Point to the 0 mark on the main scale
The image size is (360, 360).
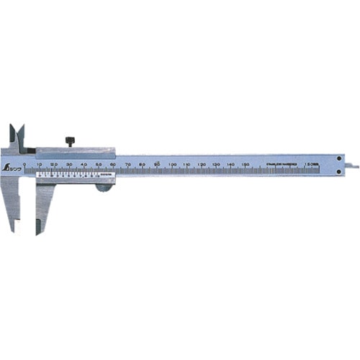click(24, 165)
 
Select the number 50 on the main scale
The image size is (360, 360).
click(99, 165)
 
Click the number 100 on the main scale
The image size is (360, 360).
click(172, 165)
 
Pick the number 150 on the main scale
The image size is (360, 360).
click(246, 165)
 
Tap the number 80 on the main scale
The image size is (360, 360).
click(143, 165)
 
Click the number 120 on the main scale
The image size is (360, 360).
click(202, 165)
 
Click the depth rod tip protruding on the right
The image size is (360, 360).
click(354, 167)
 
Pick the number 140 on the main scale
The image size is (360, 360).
click(231, 165)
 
